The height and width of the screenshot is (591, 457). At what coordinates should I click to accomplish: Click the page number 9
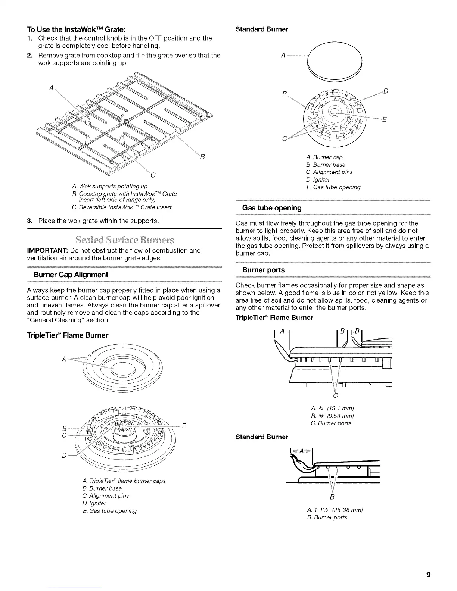[x=429, y=575]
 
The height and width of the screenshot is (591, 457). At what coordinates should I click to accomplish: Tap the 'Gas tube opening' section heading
[x=271, y=208]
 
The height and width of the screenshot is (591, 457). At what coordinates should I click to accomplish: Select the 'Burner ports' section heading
[x=263, y=270]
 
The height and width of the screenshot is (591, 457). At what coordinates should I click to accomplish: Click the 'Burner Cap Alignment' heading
[x=71, y=275]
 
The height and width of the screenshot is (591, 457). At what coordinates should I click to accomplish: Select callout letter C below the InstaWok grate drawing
[x=153, y=175]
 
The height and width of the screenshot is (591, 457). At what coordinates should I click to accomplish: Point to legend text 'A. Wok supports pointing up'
[x=109, y=186]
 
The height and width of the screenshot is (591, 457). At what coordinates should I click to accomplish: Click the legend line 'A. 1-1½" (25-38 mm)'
[x=334, y=510]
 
